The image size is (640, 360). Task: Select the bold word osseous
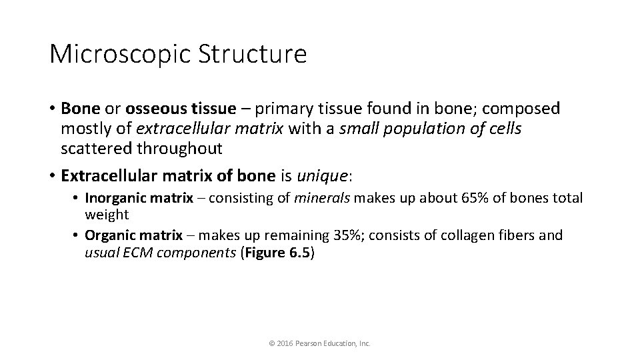(157, 108)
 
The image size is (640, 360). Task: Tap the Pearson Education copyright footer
(319, 343)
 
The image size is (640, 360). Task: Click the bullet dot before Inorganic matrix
(76, 199)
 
